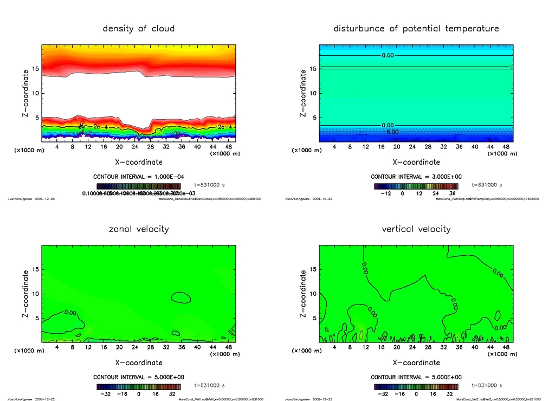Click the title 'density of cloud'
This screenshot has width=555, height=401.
tap(139, 28)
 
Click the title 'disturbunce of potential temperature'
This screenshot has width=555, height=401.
tap(416, 28)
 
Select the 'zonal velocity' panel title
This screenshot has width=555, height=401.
tap(139, 229)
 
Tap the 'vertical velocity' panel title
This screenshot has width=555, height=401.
tap(416, 229)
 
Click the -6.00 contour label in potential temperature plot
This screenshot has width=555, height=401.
tap(392, 132)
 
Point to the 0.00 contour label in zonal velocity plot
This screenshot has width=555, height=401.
tap(70, 313)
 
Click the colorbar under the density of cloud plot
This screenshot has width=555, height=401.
tap(139, 186)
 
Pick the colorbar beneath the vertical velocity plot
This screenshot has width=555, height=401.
tap(416, 387)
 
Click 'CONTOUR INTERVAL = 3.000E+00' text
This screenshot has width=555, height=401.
tap(416, 177)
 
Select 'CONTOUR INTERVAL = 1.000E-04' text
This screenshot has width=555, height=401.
tap(139, 177)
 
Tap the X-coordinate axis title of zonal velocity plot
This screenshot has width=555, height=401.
tap(139, 363)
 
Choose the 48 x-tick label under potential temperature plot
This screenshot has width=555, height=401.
tap(506, 147)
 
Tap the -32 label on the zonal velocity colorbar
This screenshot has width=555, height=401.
tap(107, 394)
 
